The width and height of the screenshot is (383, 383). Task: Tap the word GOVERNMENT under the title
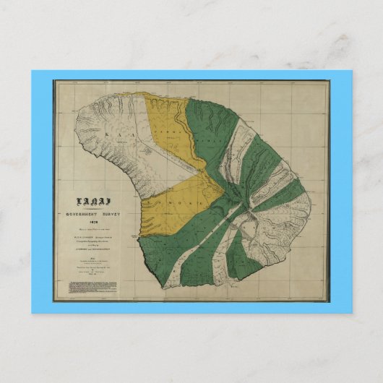(x=76, y=215)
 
